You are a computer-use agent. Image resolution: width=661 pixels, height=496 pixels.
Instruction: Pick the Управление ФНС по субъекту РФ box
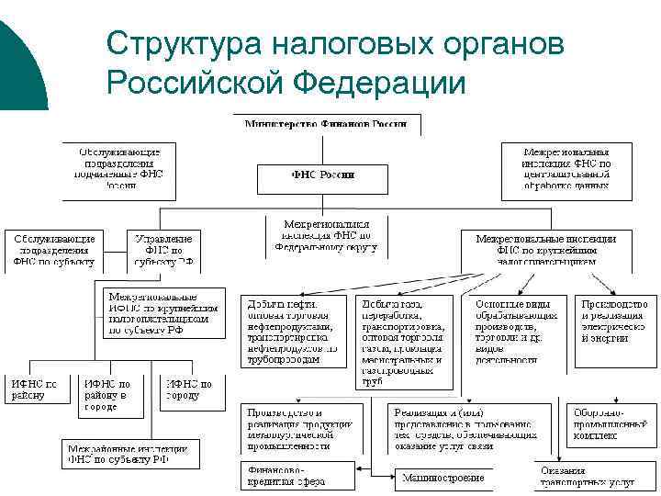pos(164,248)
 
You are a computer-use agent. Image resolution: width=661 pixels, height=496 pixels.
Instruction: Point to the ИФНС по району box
pos(37,389)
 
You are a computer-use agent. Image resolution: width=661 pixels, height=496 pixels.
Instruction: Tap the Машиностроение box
pos(452,478)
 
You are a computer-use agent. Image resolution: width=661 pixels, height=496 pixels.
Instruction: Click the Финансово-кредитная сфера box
pos(285,475)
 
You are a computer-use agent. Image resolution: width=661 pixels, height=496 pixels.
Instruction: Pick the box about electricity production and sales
pos(616,321)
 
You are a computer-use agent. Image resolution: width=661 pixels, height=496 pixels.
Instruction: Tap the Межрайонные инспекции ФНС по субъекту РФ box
pos(131,453)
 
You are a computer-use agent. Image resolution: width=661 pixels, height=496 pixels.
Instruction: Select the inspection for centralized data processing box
pos(566,170)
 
